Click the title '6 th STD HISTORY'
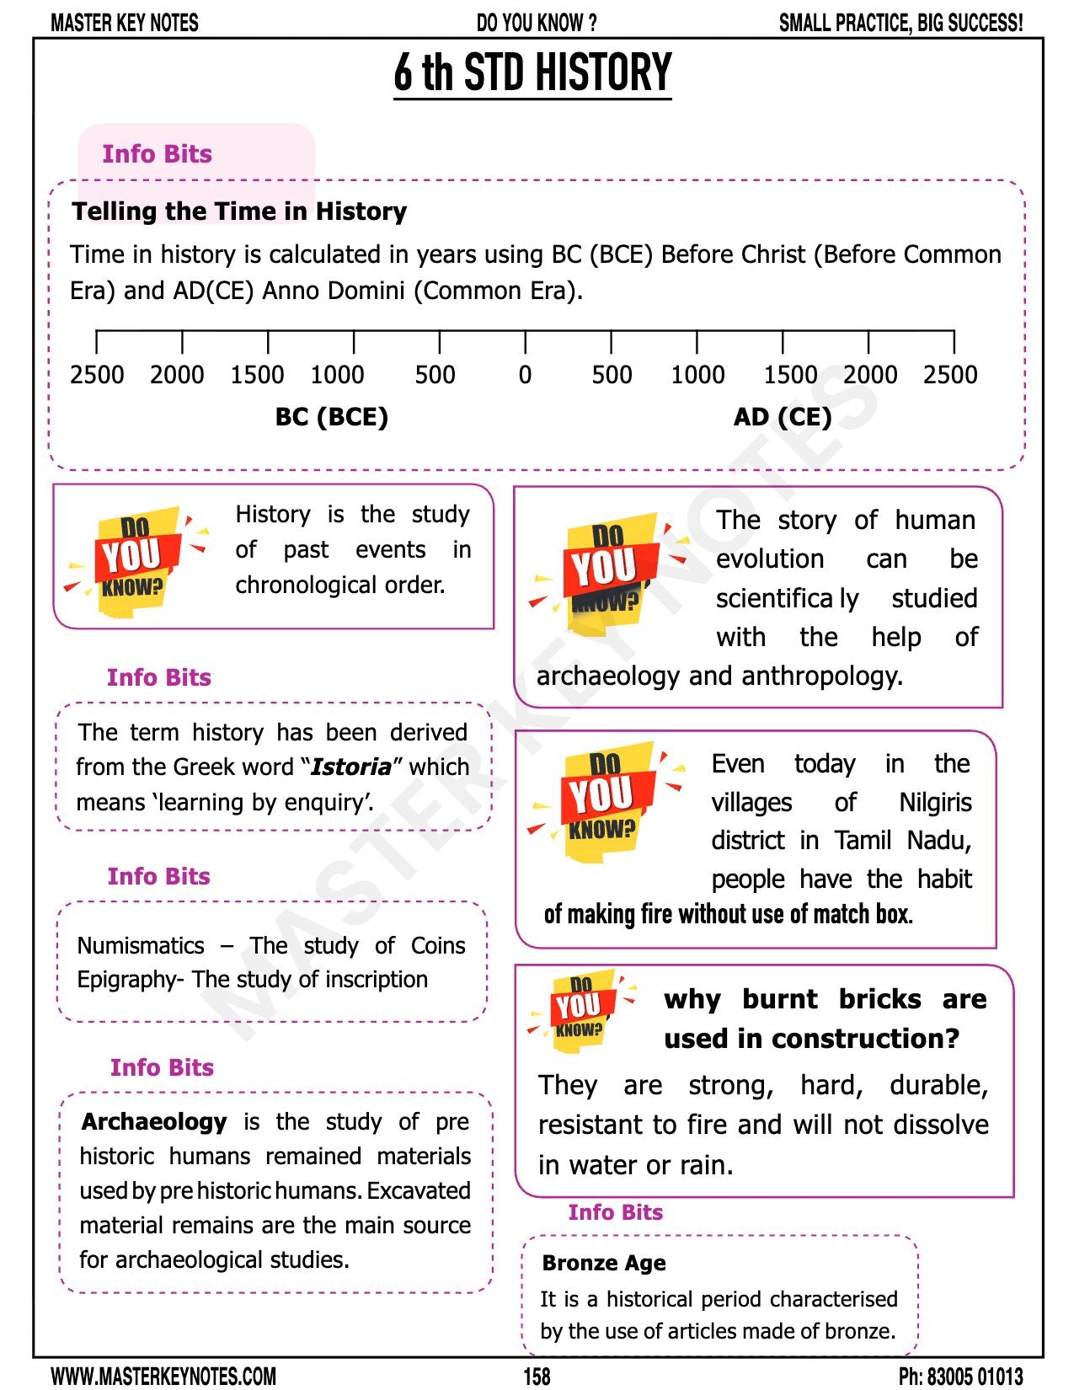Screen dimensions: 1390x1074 tap(532, 72)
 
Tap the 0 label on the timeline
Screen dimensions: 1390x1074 tap(525, 375)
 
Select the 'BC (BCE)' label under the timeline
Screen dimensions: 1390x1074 tap(331, 417)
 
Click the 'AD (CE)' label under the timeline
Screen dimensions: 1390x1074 tap(782, 417)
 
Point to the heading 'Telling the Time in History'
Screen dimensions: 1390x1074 tap(239, 211)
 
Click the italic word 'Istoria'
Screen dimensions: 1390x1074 tap(350, 767)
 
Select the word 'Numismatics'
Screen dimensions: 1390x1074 tap(141, 946)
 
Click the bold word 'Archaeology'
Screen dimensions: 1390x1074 tap(154, 1122)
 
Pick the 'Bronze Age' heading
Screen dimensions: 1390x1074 tap(604, 1264)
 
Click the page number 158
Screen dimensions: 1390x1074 tap(537, 1377)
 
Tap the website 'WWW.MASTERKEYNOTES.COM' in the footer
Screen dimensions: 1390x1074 tap(163, 1377)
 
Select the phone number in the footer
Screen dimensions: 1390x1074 tap(960, 1377)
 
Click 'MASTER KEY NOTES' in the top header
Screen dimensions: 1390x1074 tap(125, 23)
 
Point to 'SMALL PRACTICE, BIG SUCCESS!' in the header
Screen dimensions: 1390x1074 tap(900, 23)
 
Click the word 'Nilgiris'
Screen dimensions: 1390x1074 tap(935, 803)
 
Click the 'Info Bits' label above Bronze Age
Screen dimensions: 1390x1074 tap(615, 1212)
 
